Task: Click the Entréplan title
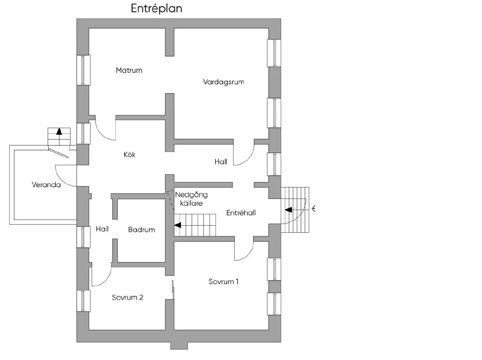pyautogui.click(x=156, y=9)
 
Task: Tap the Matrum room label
pyautogui.click(x=129, y=70)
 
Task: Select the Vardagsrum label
pyautogui.click(x=223, y=82)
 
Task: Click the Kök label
pyautogui.click(x=130, y=155)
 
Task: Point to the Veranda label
pyautogui.click(x=46, y=185)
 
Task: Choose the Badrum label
pyautogui.click(x=141, y=229)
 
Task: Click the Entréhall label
pyautogui.click(x=241, y=213)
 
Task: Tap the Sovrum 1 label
pyautogui.click(x=223, y=281)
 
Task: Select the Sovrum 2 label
pyautogui.click(x=128, y=298)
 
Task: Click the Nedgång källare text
pyautogui.click(x=191, y=199)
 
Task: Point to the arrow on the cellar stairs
pyautogui.click(x=178, y=225)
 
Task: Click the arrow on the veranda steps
pyautogui.click(x=59, y=131)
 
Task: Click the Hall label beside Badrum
pyautogui.click(x=102, y=229)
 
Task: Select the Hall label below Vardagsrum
pyautogui.click(x=221, y=162)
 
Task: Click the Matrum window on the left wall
pyautogui.click(x=83, y=70)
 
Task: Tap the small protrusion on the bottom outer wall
pyautogui.click(x=179, y=346)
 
